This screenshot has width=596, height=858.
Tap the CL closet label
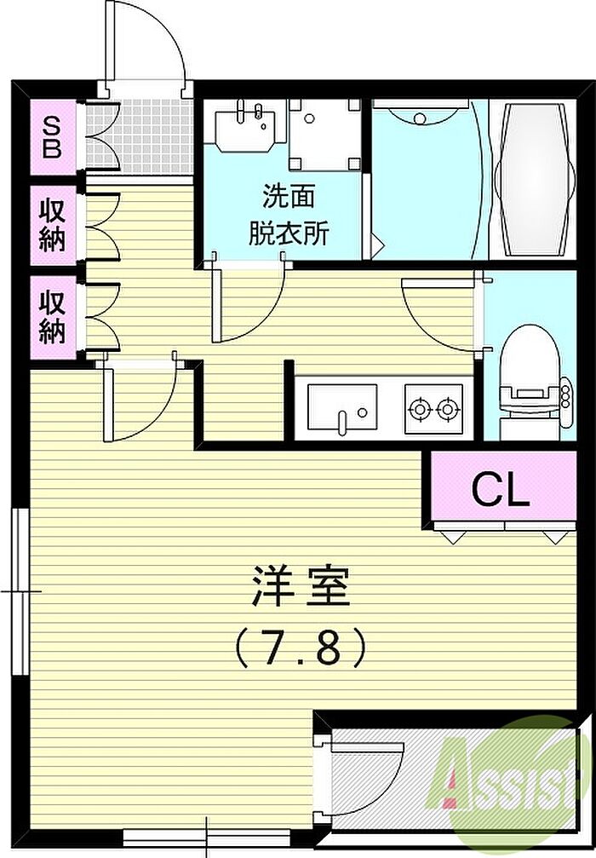click(501, 490)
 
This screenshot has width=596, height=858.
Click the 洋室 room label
click(301, 586)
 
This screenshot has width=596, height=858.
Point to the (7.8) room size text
click(300, 648)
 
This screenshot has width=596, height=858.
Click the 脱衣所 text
click(289, 233)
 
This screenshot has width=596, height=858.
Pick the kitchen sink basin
click(341, 406)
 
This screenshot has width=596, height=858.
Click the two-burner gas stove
click(433, 409)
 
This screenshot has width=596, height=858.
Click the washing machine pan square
click(324, 134)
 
